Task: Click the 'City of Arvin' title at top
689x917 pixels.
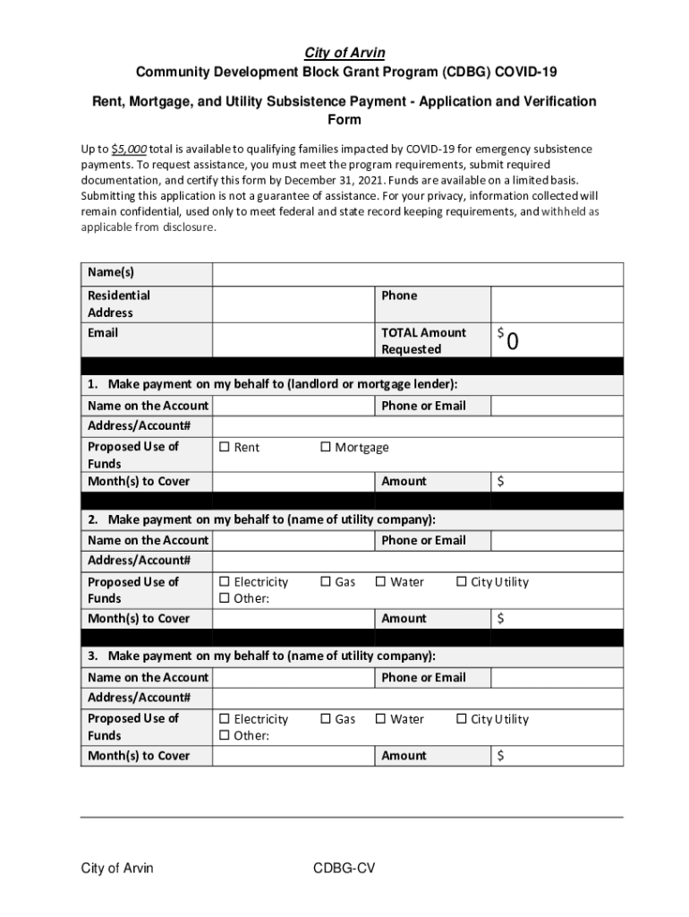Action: tap(344, 53)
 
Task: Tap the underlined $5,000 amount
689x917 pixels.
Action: tap(129, 149)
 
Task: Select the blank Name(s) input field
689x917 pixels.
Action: tap(417, 273)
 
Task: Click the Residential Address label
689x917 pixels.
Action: tap(118, 304)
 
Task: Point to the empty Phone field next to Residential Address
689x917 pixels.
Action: tap(557, 304)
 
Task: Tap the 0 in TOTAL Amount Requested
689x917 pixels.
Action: tap(513, 342)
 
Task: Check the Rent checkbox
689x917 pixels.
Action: tap(225, 448)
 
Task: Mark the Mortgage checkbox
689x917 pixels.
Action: tap(326, 448)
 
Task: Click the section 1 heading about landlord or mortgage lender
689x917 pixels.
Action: tap(272, 384)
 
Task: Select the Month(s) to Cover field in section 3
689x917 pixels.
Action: tap(293, 756)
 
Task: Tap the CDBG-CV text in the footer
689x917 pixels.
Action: tap(344, 869)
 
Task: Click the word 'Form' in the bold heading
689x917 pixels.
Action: tap(344, 120)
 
